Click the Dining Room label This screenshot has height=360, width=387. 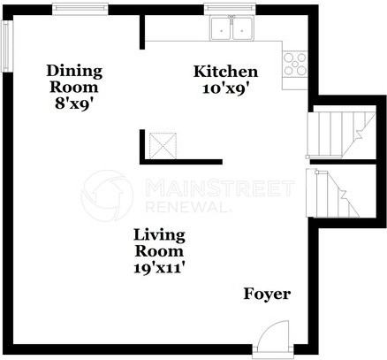pos(75,78)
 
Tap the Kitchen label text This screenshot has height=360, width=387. pos(225,72)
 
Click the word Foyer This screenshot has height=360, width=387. pos(267,294)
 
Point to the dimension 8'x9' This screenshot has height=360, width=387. pos(74,102)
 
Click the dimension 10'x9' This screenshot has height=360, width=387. pos(225,88)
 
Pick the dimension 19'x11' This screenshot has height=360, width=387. pos(160,264)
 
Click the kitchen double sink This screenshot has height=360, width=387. pos(231,29)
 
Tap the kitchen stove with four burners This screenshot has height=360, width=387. pos(294,65)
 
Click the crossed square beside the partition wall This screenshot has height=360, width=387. pos(161,144)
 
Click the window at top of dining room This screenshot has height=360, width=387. pos(77,9)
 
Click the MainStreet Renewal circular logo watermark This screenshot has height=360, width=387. pos(108,196)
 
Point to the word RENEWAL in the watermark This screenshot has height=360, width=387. pos(186,206)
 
